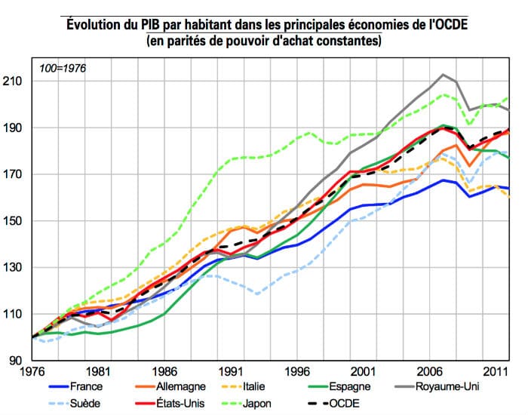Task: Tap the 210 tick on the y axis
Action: [x=17, y=81]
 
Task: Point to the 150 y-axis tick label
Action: [x=17, y=221]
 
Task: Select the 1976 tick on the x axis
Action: [x=32, y=371]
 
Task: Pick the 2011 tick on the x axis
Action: [x=494, y=371]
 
